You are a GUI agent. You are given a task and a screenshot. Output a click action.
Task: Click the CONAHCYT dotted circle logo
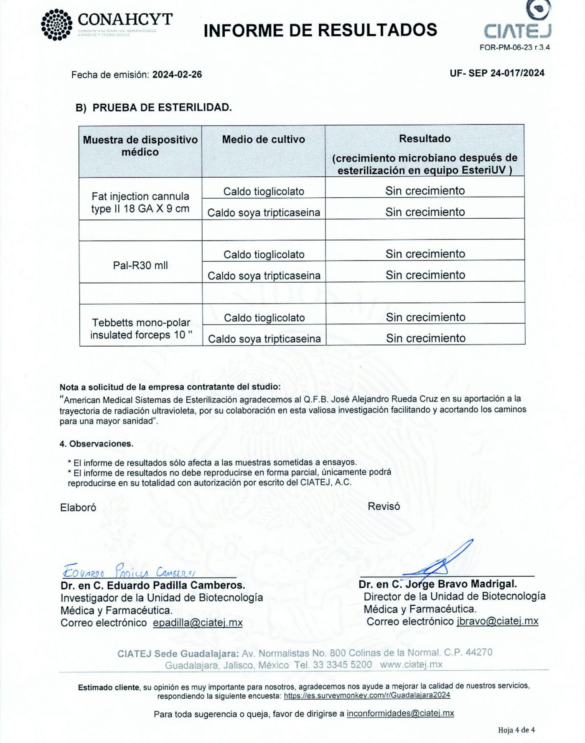point(57,25)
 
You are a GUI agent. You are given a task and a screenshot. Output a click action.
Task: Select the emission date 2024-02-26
point(177,75)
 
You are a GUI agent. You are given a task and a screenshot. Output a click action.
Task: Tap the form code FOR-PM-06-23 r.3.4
point(514,48)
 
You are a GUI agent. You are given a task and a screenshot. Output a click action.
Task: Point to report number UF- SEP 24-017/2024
point(497,73)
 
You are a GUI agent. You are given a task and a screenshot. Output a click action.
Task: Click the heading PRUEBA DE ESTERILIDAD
point(162,107)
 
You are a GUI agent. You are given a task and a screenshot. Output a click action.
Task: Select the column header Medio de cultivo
point(263,140)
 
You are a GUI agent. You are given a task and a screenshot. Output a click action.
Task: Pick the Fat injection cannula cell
point(140,202)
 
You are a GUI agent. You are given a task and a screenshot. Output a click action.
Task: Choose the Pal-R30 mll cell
point(140,265)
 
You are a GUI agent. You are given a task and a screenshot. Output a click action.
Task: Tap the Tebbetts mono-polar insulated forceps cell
point(141,329)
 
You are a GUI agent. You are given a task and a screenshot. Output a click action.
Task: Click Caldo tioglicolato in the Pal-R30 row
point(264,254)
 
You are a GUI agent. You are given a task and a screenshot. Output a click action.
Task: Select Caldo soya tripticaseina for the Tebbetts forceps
point(264,339)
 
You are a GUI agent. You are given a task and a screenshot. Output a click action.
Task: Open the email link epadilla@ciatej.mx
point(198,623)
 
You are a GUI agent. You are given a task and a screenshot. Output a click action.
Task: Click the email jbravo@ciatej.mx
point(497,621)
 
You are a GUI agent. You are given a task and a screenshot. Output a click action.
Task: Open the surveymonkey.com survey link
point(367,695)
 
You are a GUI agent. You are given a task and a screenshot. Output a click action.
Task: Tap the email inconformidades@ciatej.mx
point(400,713)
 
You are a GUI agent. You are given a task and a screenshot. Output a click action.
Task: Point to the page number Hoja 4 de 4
point(516,730)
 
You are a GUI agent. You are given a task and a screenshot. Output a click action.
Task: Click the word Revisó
point(384,506)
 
